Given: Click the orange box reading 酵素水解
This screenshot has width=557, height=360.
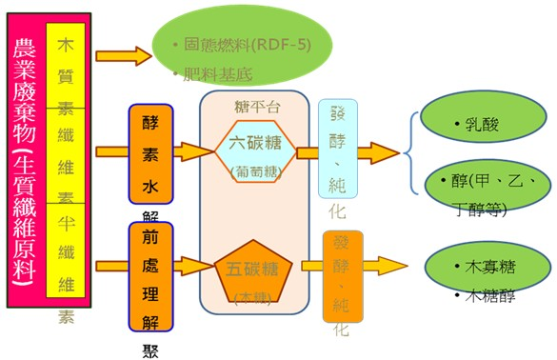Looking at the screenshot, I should pyautogui.click(x=149, y=152).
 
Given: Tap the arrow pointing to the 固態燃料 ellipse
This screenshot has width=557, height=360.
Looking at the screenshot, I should pyautogui.click(x=124, y=54).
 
